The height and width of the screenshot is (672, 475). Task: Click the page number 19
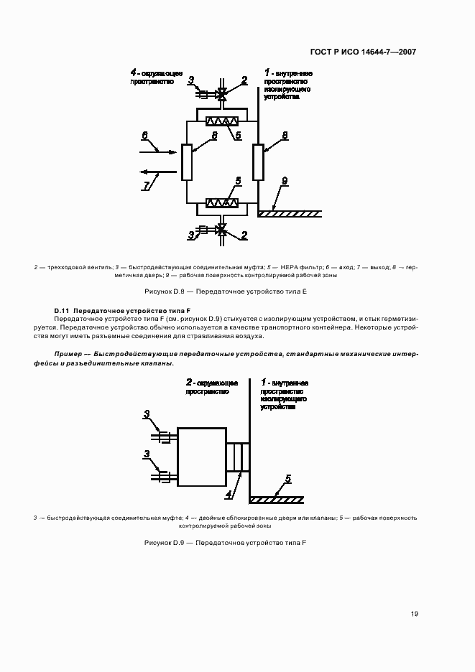pos(415,614)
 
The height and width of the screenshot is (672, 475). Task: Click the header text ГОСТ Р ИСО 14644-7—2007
pos(363,52)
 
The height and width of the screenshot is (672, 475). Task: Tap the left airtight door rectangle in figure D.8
pos(187,162)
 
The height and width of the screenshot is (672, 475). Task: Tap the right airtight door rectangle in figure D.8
pos(258,162)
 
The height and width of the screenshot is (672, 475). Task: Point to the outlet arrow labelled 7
pos(158,172)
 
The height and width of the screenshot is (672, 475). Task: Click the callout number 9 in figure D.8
pos(284,182)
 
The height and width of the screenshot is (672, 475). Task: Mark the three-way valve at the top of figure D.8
pos(222,93)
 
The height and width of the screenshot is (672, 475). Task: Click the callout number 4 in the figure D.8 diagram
pos(134,73)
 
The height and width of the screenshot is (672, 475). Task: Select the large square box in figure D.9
pos(201,457)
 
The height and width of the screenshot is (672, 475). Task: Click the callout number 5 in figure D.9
pos(287,478)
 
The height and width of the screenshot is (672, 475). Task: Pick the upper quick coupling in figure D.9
pos(163,436)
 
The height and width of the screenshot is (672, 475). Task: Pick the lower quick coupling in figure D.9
pos(163,475)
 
